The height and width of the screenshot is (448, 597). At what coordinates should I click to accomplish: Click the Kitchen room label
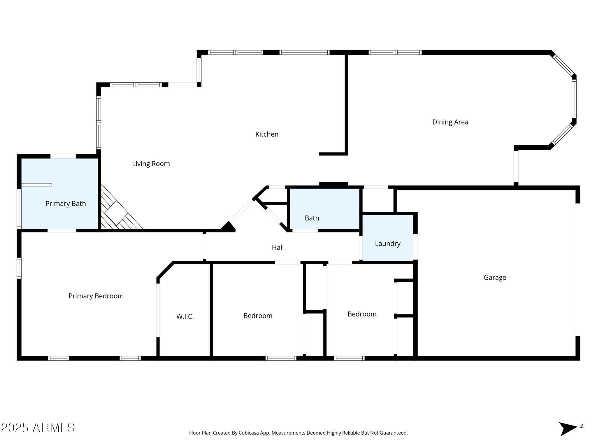pyautogui.click(x=267, y=134)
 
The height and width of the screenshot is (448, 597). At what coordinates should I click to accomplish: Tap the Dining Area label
pyautogui.click(x=450, y=122)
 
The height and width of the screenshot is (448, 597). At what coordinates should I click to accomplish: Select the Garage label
pyautogui.click(x=495, y=277)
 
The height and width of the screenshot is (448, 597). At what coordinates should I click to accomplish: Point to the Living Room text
pyautogui.click(x=151, y=164)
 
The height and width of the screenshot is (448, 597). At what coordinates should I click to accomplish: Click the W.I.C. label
pyautogui.click(x=185, y=316)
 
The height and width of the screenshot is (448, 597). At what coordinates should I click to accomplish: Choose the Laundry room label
pyautogui.click(x=387, y=244)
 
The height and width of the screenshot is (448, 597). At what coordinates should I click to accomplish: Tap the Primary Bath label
pyautogui.click(x=66, y=204)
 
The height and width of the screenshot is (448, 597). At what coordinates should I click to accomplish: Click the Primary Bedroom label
pyautogui.click(x=96, y=296)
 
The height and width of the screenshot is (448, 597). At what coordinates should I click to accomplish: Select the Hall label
pyautogui.click(x=278, y=247)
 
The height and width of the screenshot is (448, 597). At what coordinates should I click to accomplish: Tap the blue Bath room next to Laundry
pyautogui.click(x=312, y=218)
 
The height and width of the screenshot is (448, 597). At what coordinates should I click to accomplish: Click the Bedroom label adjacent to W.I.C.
pyautogui.click(x=258, y=316)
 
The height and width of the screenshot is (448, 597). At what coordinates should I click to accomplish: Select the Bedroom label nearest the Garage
pyautogui.click(x=362, y=314)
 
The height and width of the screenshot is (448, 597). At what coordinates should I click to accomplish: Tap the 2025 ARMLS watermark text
pyautogui.click(x=38, y=428)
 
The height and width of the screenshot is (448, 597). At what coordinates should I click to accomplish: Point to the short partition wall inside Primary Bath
pyautogui.click(x=37, y=185)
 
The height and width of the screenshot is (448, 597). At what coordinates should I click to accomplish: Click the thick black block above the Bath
pyautogui.click(x=333, y=184)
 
